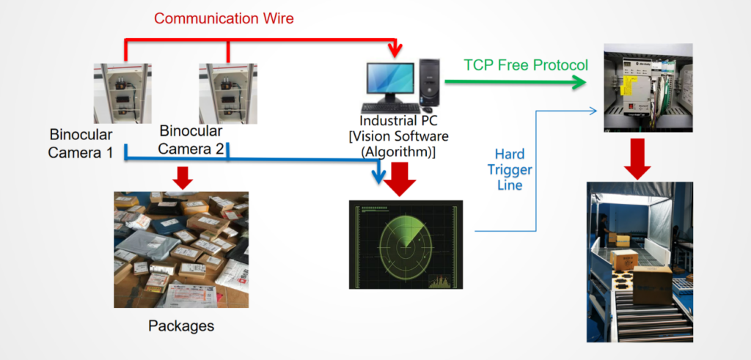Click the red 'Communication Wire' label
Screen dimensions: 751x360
click(224, 18)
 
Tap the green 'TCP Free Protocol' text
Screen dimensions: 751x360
click(526, 65)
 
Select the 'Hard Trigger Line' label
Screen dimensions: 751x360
click(510, 169)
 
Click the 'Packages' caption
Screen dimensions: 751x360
click(181, 326)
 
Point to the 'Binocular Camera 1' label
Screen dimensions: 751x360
click(81, 143)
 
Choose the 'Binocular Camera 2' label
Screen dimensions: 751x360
click(191, 140)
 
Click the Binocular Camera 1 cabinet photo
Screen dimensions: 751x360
click(122, 93)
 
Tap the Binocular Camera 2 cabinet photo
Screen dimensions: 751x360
click(228, 93)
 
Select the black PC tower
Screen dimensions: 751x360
click(431, 82)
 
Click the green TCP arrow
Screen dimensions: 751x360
click(516, 82)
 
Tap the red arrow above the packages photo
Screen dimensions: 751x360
click(183, 177)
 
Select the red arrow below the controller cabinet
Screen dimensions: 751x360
click(637, 159)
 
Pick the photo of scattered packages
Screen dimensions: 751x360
click(181, 249)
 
